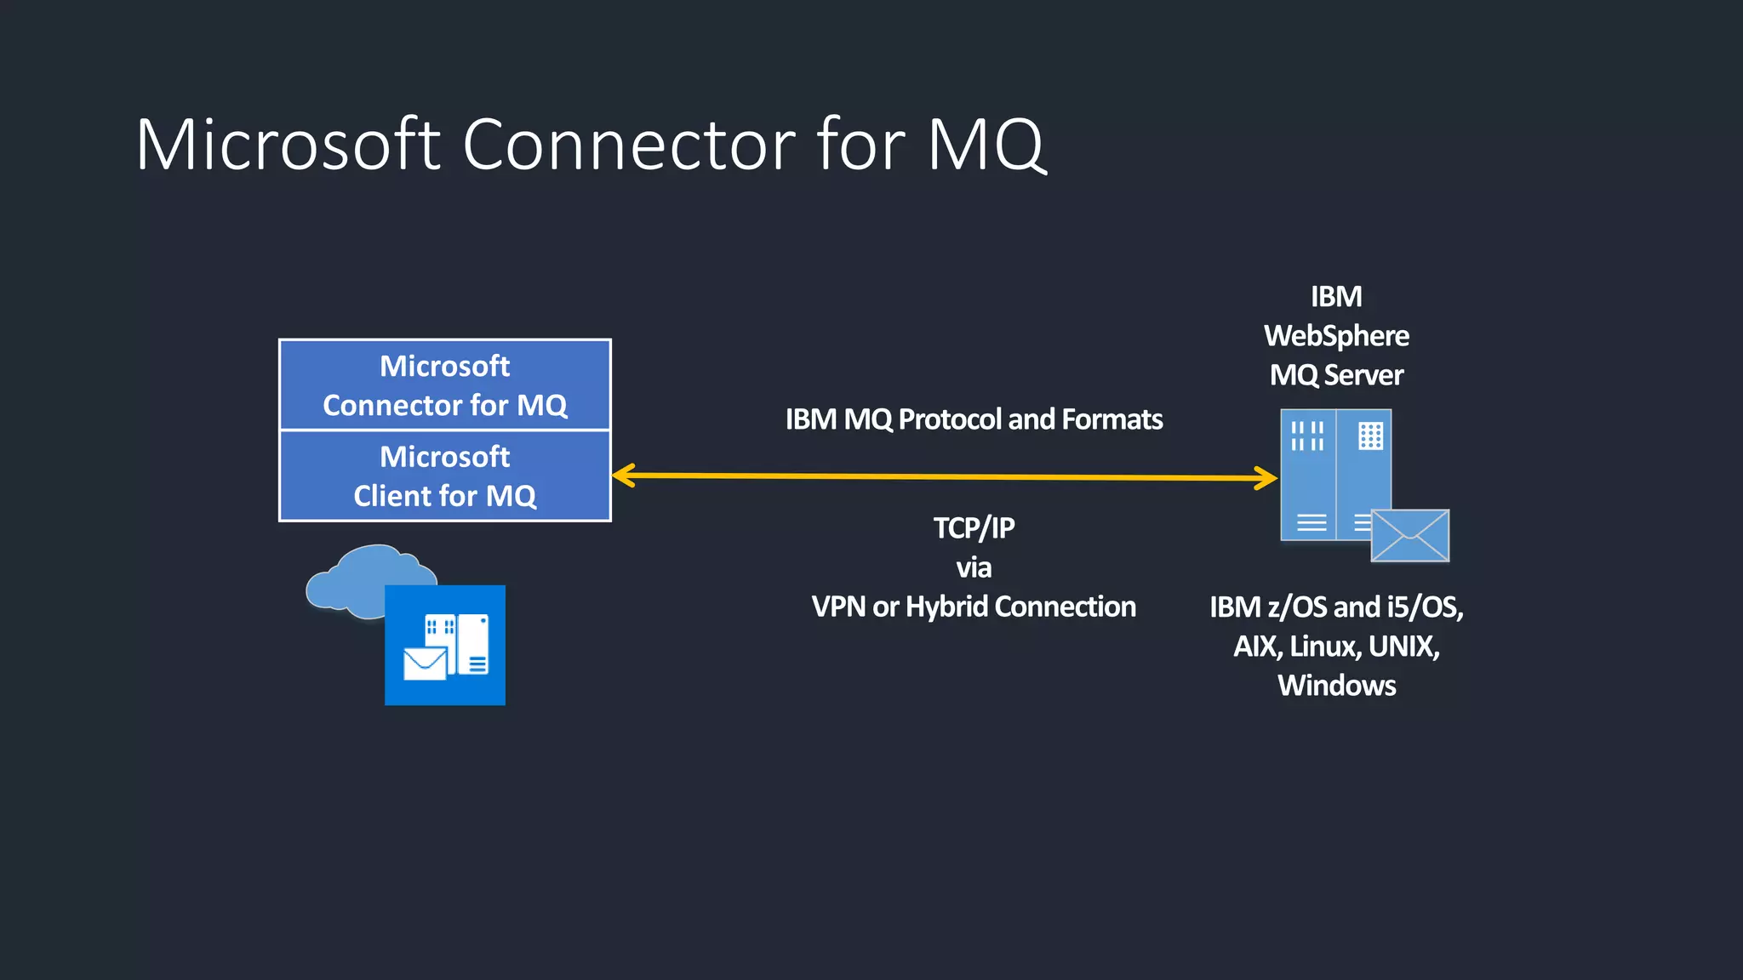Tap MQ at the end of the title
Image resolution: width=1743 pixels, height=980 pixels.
pos(985,145)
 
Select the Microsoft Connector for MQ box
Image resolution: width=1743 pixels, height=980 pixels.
pos(444,385)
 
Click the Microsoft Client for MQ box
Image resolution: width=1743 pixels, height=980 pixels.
pos(444,476)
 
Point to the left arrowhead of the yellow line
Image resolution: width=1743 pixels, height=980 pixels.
pos(623,476)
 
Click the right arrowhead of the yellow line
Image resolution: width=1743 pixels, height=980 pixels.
pos(1266,477)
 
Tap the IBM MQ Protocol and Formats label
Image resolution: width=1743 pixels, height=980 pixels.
pos(973,419)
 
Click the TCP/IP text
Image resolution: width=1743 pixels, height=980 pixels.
pos(974,528)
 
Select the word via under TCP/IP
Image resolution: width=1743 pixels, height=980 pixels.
pos(974,567)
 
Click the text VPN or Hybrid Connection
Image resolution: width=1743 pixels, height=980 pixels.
pos(974,607)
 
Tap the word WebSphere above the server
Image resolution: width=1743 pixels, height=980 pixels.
pos(1336,336)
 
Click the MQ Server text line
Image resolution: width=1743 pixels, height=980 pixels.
pos(1336,375)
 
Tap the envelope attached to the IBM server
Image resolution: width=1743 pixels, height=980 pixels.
pos(1409,536)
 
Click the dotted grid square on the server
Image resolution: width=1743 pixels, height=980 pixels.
pos(1370,436)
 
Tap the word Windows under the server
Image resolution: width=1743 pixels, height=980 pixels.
pos(1336,686)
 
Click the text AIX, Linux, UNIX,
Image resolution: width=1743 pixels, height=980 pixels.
pos(1336,647)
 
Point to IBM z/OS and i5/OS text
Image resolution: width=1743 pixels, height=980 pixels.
pos(1336,607)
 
